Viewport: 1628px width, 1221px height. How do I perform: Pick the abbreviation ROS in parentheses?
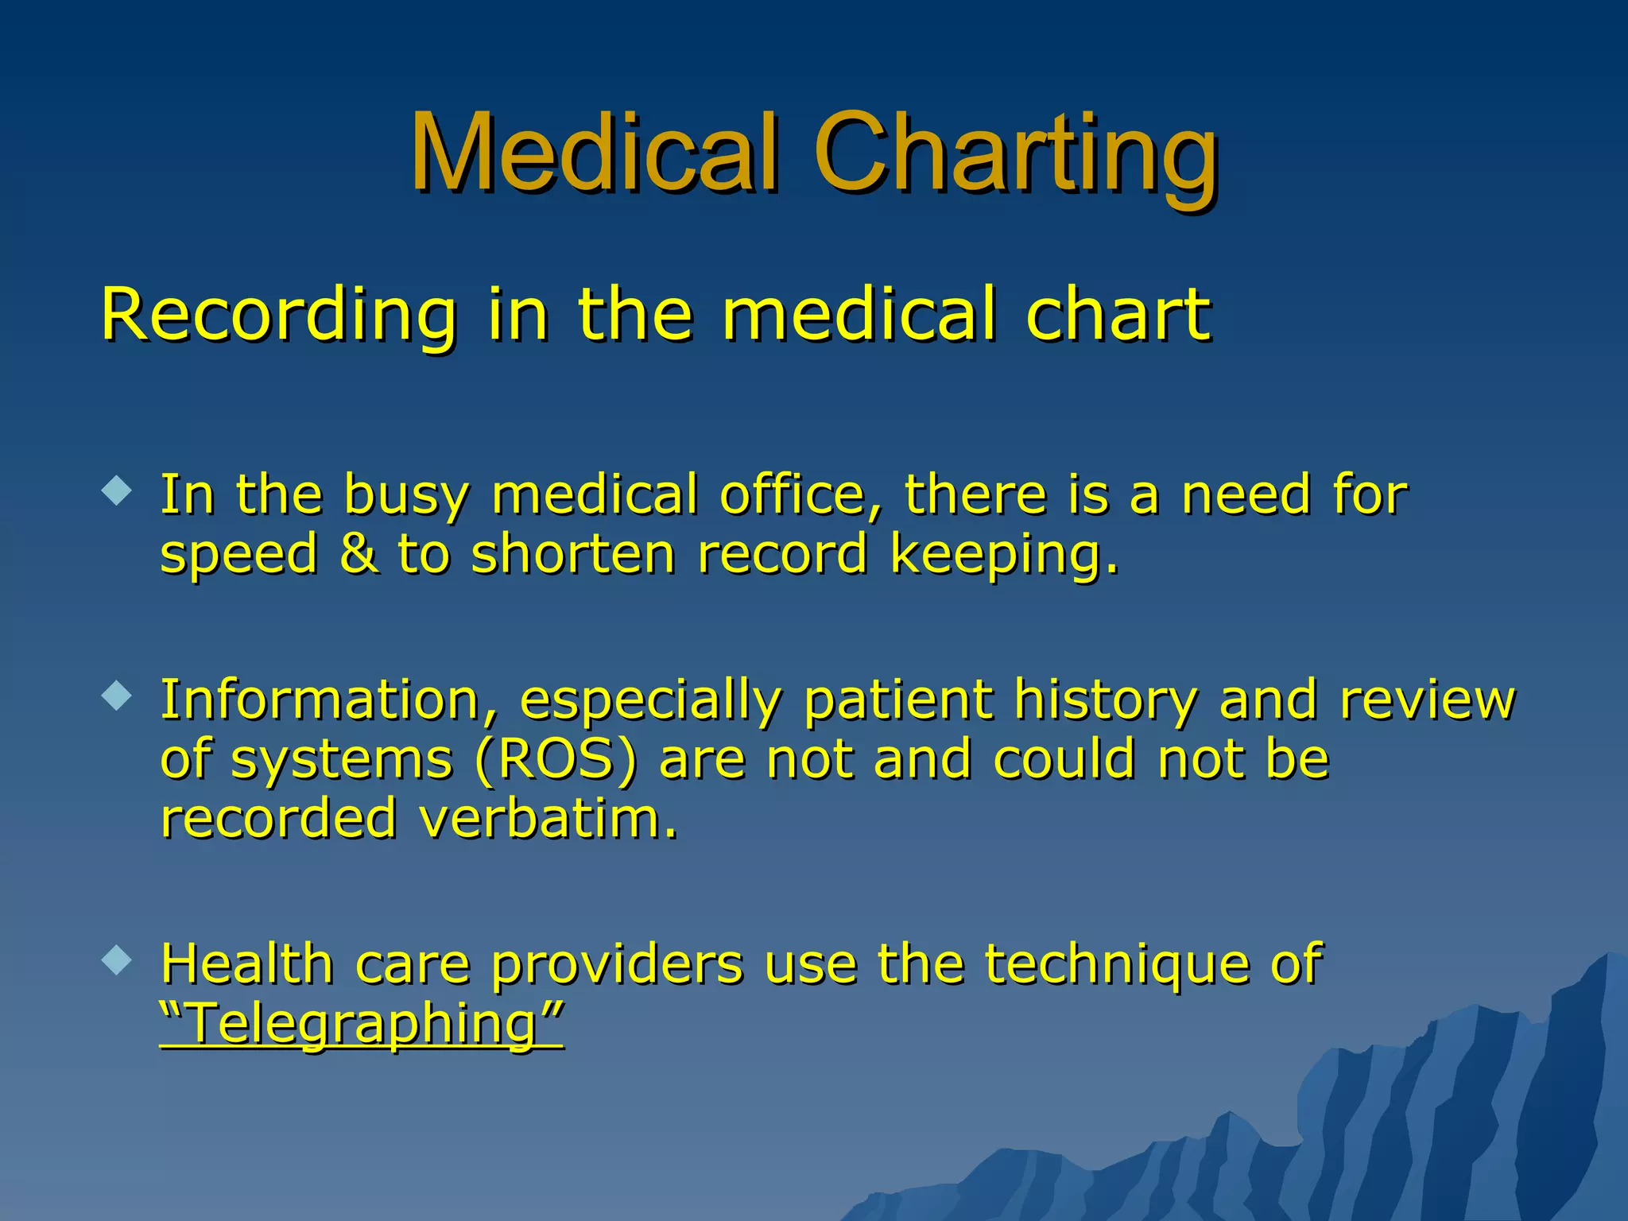pyautogui.click(x=556, y=759)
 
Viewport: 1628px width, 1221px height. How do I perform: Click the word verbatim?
pyautogui.click(x=548, y=819)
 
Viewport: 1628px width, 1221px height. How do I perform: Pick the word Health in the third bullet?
pyautogui.click(x=246, y=963)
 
